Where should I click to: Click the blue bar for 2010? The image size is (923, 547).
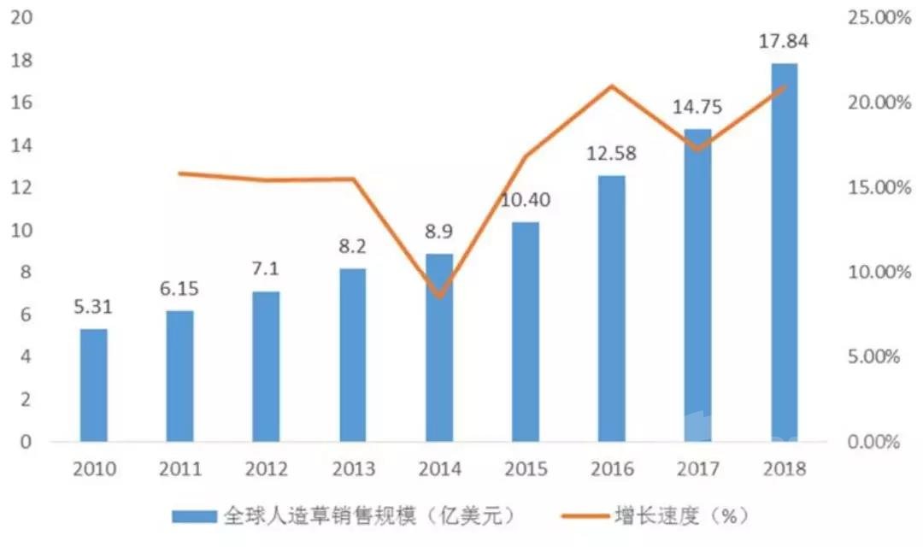point(94,385)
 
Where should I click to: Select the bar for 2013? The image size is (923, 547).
point(353,355)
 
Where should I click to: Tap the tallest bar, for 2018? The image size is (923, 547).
point(784,253)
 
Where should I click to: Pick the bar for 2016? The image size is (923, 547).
point(612,309)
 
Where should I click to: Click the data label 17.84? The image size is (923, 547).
point(784,41)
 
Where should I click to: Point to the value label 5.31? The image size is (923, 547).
point(93,307)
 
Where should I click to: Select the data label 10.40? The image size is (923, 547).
point(526,200)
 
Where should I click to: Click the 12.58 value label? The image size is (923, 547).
point(612,154)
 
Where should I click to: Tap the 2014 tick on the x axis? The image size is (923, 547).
point(440,469)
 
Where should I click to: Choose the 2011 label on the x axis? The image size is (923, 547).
point(180,469)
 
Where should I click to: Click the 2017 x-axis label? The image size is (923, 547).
point(698,469)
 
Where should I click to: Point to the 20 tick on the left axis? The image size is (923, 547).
point(21,17)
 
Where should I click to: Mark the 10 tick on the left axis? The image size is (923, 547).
point(21,230)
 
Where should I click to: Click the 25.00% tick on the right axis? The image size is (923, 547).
point(879,18)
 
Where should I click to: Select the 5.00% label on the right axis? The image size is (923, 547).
point(873,356)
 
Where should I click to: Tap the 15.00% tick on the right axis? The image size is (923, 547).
point(879,187)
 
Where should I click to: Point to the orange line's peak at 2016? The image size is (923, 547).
point(612,86)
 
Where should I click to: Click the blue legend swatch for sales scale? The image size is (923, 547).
point(194,516)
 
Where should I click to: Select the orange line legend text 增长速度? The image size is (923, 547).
point(657,515)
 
